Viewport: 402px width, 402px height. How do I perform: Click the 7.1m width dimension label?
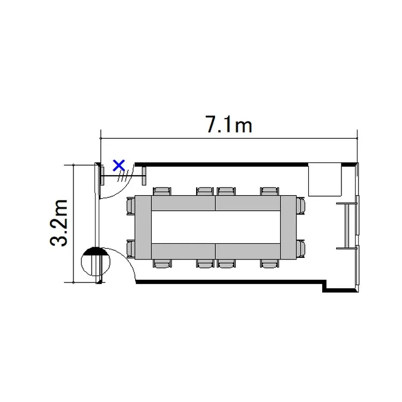point(229,124)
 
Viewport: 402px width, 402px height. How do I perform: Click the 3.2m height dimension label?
point(59,223)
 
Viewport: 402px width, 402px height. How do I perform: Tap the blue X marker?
point(119,166)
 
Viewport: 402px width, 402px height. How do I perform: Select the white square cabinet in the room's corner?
point(325,180)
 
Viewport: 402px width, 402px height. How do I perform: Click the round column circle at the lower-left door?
point(95,261)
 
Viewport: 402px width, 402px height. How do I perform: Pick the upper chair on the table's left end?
point(131,206)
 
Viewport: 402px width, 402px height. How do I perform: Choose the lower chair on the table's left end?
point(131,249)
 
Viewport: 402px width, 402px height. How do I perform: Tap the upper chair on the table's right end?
point(301,206)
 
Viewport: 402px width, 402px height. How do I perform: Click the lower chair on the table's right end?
point(301,249)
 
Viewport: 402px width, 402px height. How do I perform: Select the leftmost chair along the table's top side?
point(162,191)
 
